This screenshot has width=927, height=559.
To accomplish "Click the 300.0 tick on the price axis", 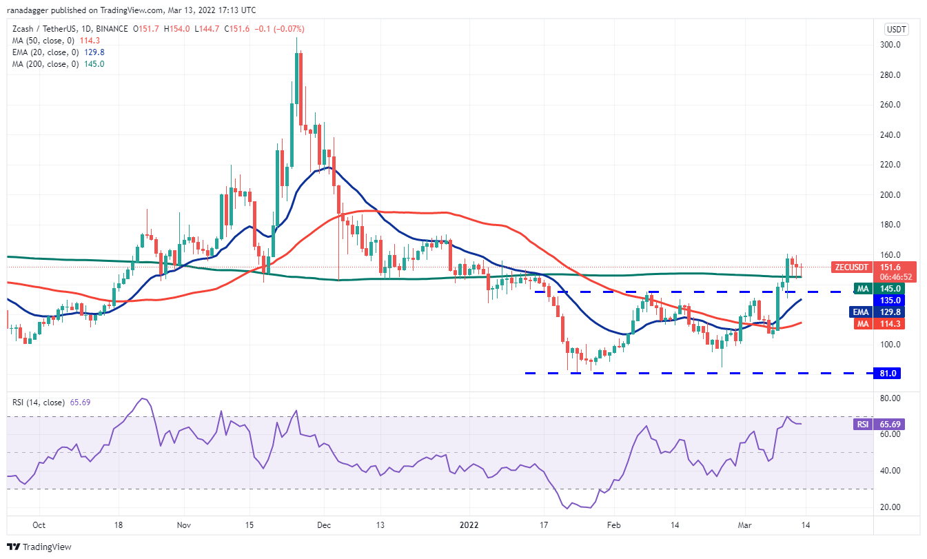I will [x=893, y=45].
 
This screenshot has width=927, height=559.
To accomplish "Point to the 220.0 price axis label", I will [x=893, y=165].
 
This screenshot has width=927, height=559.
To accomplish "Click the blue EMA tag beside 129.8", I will [x=860, y=312].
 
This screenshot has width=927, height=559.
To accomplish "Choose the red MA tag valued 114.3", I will [x=861, y=323].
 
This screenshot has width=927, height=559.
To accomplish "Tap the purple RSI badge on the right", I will [x=862, y=425].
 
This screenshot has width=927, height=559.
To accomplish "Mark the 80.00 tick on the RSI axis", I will [x=894, y=398].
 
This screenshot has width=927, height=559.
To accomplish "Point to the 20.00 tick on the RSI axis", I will [x=894, y=507].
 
